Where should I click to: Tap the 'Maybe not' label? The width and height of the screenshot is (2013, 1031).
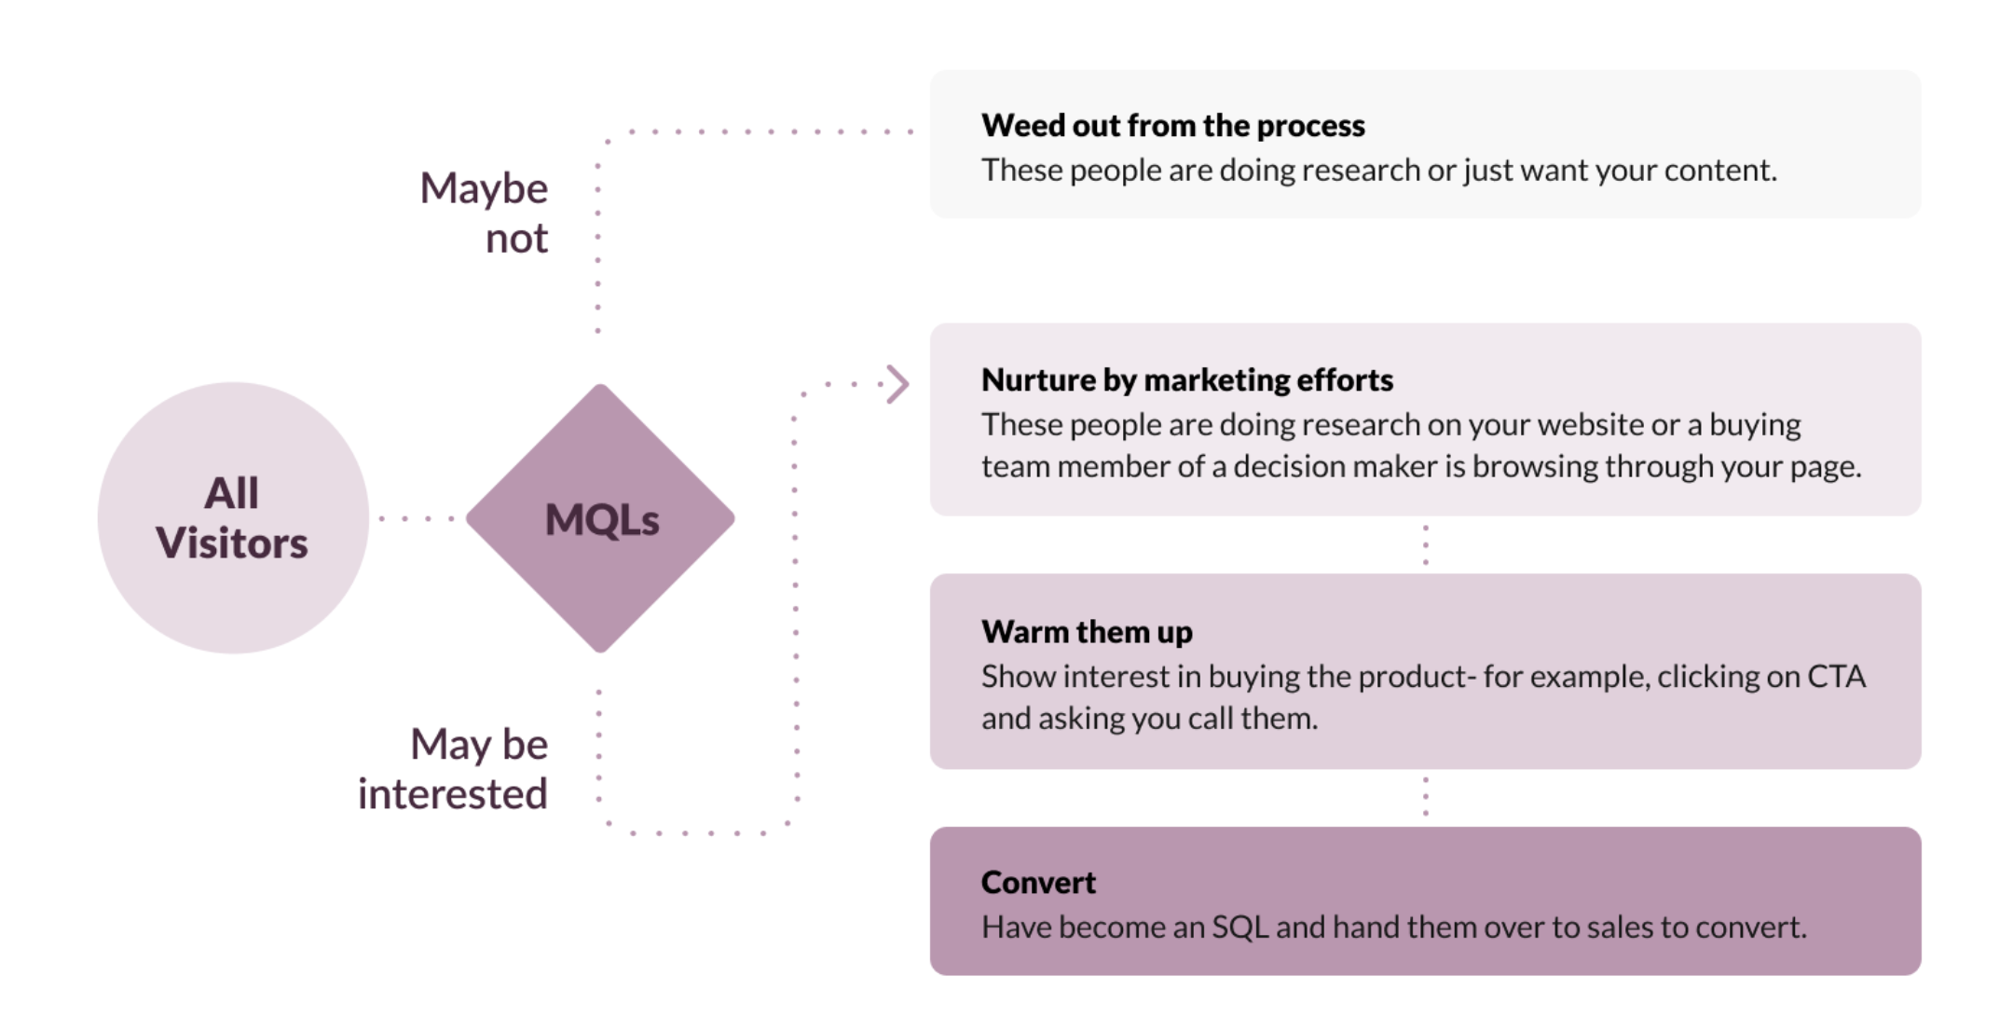[485, 213]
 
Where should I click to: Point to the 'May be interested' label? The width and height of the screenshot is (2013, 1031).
[454, 769]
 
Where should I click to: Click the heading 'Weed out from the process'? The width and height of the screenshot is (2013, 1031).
[1172, 125]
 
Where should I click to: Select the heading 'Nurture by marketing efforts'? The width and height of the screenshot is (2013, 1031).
[1186, 379]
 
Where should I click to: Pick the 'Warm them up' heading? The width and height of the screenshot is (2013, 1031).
[1087, 631]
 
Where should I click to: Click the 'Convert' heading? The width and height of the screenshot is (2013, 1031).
[1038, 882]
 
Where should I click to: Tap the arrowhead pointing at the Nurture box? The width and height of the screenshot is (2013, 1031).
[897, 384]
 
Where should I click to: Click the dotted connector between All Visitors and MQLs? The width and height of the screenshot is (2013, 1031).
[417, 518]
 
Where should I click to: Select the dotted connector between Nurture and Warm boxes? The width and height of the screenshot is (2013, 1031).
[1426, 545]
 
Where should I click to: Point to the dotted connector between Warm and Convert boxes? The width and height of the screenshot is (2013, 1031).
[1426, 797]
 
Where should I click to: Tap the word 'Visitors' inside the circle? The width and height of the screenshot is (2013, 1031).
[232, 543]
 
